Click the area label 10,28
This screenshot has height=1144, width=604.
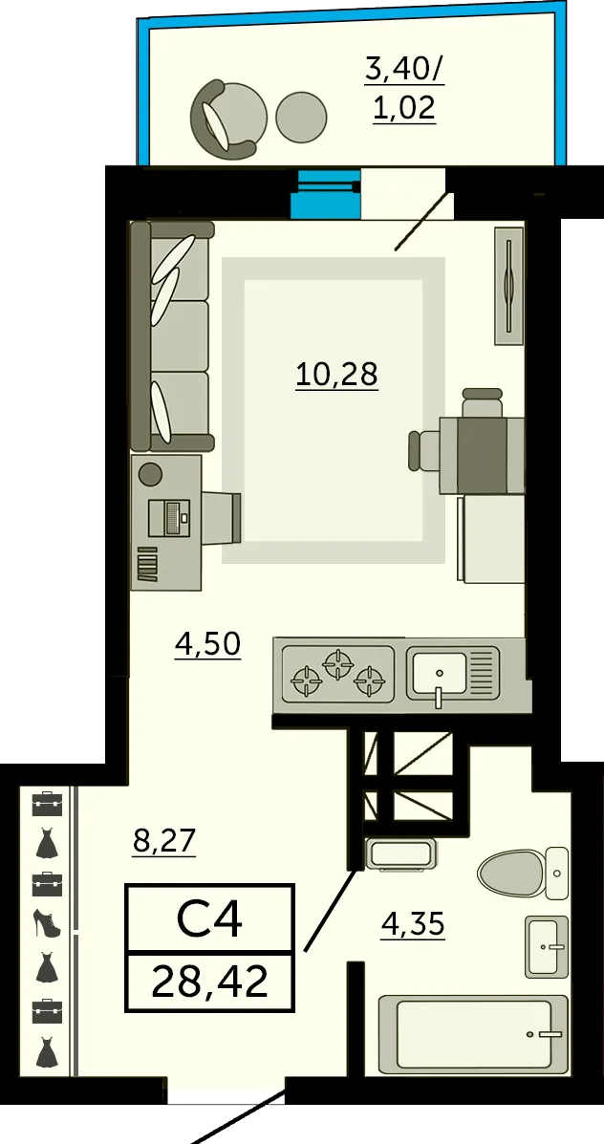point(336,375)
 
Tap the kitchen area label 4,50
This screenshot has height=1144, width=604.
point(208,645)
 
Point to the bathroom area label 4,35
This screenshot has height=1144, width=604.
point(413,924)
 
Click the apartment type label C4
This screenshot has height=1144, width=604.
point(209,920)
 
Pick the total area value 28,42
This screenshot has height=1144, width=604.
point(210,982)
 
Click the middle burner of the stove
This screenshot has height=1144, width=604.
point(337,665)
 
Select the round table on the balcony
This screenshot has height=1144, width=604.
point(301,116)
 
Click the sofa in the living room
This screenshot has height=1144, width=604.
point(171,335)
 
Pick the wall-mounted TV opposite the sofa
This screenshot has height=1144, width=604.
point(509,285)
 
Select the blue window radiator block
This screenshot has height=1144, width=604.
point(326,194)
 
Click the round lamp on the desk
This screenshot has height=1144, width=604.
point(150,473)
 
